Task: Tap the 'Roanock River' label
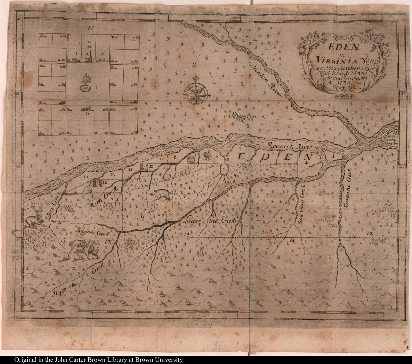point(290,147)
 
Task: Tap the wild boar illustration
point(160,195)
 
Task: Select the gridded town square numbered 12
point(97,183)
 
